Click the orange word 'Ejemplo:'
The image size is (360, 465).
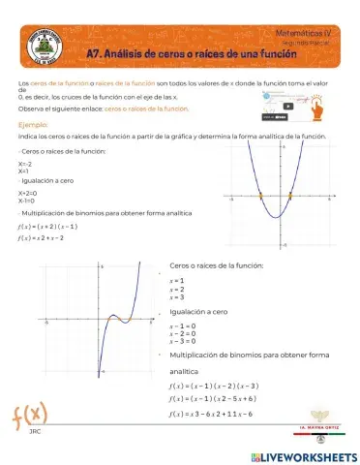pos(34,125)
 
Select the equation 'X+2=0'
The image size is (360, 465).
pos(27,193)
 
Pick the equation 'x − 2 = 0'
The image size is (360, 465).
pos(182,333)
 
